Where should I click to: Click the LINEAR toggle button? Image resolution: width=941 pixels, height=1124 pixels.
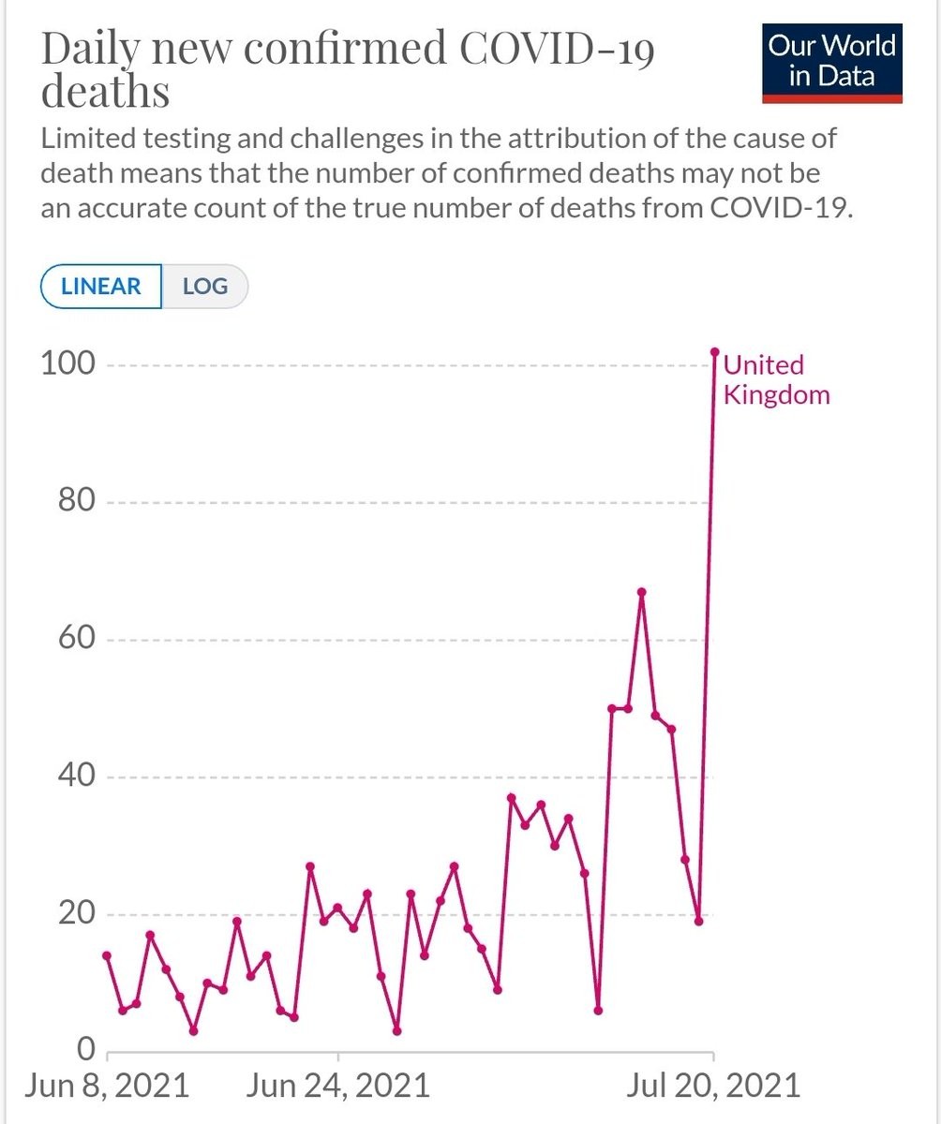click(100, 287)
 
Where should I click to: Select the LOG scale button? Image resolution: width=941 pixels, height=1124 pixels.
click(205, 287)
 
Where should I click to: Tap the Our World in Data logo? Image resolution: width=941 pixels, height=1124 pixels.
click(831, 61)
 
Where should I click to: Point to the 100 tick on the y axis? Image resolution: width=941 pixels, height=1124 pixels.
click(67, 363)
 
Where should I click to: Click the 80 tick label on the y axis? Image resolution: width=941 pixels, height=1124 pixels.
click(74, 501)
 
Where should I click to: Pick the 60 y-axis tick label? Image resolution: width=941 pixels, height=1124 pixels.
click(74, 639)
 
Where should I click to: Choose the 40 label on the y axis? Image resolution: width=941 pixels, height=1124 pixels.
click(74, 776)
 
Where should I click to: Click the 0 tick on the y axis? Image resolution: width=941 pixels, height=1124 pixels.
click(86, 1048)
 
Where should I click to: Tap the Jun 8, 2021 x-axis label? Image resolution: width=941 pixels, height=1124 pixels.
click(107, 1086)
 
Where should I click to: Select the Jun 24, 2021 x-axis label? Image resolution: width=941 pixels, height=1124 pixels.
click(339, 1086)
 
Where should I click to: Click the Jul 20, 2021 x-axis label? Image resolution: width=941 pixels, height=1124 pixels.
click(714, 1086)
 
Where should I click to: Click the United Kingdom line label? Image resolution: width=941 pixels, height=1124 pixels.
click(776, 379)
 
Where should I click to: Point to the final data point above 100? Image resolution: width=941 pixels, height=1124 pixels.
click(714, 352)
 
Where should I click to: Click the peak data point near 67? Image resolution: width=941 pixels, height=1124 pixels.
click(641, 592)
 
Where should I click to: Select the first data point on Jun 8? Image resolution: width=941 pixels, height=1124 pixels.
click(107, 955)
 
